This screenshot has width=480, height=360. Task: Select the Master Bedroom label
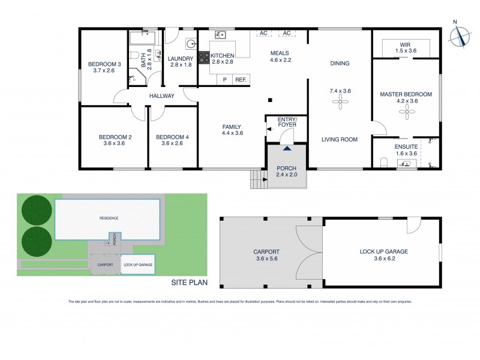406,94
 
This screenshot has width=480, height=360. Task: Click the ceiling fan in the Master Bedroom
409,112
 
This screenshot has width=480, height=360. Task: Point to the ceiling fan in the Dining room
340,103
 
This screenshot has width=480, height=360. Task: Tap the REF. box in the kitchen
241,79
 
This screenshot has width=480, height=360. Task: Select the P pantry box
224,79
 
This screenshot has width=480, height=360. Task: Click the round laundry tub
191,43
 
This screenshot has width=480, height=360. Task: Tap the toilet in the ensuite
385,161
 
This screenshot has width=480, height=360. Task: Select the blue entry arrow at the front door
287,148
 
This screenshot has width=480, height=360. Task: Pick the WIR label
406,43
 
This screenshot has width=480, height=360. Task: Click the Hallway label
162,95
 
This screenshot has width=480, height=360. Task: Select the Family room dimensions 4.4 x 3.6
231,133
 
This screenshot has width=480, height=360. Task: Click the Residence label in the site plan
109,218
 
